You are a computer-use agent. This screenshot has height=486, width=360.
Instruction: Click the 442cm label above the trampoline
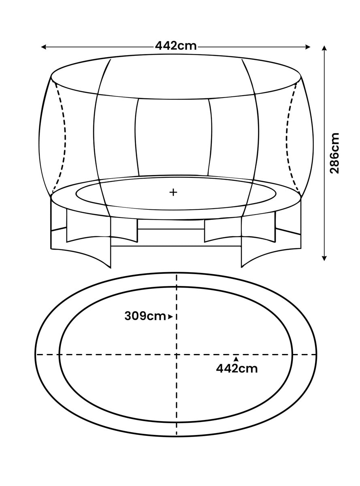tap(176, 46)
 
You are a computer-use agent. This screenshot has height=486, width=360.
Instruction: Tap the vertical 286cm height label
tap(334, 153)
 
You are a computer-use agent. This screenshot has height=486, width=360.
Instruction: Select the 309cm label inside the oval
tap(145, 316)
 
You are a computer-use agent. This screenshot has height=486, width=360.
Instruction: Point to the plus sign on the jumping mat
tap(173, 192)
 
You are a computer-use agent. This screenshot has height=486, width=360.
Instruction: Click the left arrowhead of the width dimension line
tap(44, 47)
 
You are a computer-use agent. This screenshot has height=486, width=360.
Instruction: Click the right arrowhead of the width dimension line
tap(308, 47)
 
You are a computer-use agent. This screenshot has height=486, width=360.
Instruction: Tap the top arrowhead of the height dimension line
tap(324, 48)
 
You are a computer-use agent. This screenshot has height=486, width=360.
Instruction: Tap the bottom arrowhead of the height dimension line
tap(324, 258)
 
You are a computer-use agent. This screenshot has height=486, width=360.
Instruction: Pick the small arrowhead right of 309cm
tap(170, 316)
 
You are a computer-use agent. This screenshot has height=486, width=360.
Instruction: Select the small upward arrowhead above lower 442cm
tap(236, 359)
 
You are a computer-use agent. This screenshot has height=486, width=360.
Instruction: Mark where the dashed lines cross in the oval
tap(177, 354)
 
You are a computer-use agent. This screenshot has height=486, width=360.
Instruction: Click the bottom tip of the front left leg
tap(111, 268)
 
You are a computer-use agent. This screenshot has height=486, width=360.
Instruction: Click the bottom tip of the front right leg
tap(241, 267)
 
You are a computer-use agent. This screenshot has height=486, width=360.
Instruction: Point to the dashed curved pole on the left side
tap(64, 136)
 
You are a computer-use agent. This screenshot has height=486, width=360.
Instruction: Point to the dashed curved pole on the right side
tap(288, 136)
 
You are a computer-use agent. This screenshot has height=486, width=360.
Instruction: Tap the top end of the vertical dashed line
tap(177, 274)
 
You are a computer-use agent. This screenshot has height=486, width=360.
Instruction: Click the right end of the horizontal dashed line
tap(316, 354)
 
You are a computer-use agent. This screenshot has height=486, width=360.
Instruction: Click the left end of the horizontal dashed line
tap(36, 354)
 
